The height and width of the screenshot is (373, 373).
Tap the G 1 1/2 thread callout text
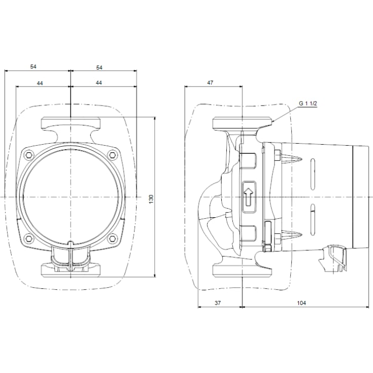[308, 104]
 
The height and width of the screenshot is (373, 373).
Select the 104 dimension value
[301, 303]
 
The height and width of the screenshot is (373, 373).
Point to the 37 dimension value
[218, 303]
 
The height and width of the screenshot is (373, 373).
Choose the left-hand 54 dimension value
[33, 67]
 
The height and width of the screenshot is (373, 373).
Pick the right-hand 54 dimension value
[99, 67]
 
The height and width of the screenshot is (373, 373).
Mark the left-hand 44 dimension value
[40, 82]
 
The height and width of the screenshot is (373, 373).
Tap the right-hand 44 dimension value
[99, 82]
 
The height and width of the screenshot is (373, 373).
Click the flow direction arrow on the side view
[249, 196]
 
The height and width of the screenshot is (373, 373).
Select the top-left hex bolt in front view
[29, 154]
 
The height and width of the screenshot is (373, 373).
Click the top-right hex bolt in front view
[111, 154]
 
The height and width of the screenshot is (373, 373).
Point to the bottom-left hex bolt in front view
[29, 238]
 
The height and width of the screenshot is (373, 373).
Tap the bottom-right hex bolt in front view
[111, 238]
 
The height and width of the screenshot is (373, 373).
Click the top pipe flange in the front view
[70, 123]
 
